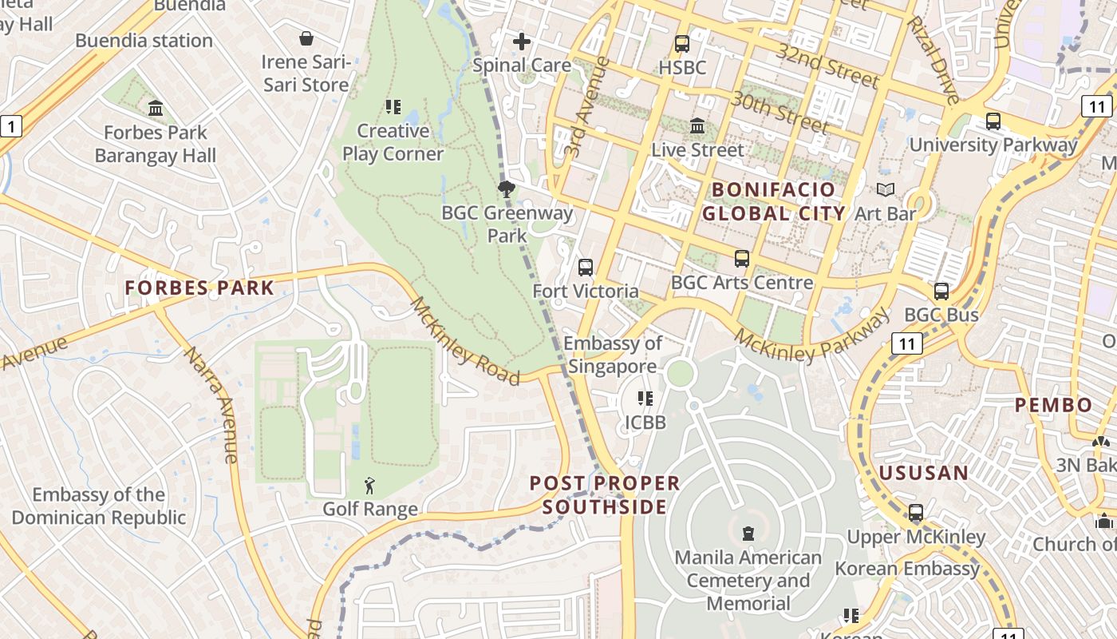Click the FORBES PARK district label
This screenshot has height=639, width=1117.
click(199, 288)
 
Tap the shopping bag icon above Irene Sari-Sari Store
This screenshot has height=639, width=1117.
click(306, 38)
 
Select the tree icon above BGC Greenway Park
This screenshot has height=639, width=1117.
click(506, 189)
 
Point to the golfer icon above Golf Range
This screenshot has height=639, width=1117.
click(369, 485)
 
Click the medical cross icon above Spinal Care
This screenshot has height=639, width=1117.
click(522, 41)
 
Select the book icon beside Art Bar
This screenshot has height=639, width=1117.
click(886, 190)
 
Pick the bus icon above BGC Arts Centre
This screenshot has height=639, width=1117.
click(742, 259)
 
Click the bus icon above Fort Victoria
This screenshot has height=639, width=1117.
click(586, 268)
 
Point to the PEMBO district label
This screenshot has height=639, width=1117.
click(1053, 405)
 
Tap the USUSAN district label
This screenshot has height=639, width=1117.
click(923, 473)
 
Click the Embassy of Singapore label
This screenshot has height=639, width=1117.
click(613, 355)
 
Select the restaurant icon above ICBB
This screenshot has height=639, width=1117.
click(645, 398)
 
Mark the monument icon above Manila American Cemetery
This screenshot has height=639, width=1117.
click(748, 533)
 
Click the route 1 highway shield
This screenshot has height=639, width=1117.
click(10, 125)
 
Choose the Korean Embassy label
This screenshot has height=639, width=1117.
click(907, 569)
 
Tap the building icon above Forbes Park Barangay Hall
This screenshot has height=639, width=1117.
click(156, 108)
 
